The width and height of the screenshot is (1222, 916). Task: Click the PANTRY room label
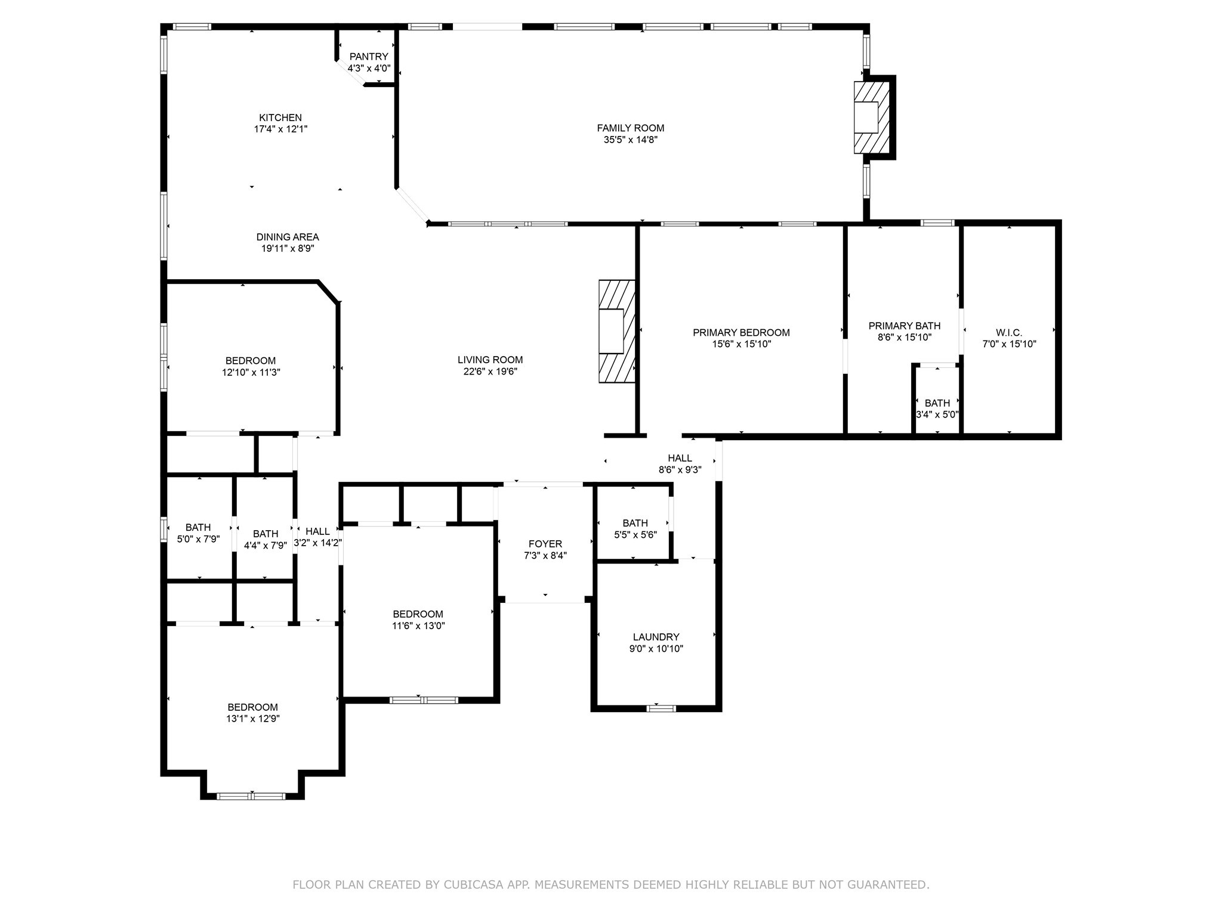pyautogui.click(x=369, y=57)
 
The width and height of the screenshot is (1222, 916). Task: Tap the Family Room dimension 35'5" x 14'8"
pyautogui.click(x=630, y=140)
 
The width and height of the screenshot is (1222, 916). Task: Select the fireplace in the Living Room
pyautogui.click(x=617, y=332)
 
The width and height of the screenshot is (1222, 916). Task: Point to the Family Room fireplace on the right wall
pyautogui.click(x=871, y=117)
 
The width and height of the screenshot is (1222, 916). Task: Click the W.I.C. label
pyautogui.click(x=1009, y=332)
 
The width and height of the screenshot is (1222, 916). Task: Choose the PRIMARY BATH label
pyautogui.click(x=904, y=326)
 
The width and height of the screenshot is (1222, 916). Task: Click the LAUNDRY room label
pyautogui.click(x=656, y=637)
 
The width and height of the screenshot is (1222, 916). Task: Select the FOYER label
pyautogui.click(x=545, y=544)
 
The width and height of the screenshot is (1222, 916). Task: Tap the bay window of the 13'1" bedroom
pyautogui.click(x=251, y=796)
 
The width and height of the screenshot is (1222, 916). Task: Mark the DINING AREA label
pyautogui.click(x=288, y=237)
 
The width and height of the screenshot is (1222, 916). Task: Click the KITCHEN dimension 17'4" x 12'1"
pyautogui.click(x=280, y=129)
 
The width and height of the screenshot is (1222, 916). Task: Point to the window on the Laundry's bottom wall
pyautogui.click(x=662, y=708)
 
